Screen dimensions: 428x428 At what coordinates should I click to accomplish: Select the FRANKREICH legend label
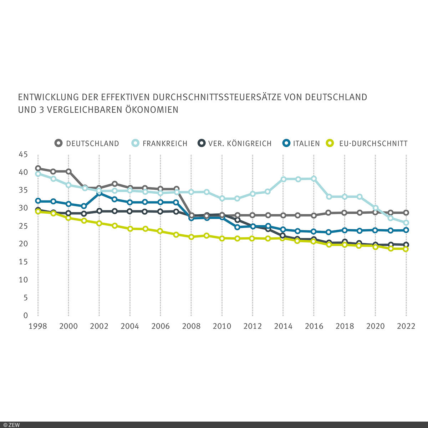pos(165,143)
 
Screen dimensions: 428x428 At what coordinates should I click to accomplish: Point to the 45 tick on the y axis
pos(23,154)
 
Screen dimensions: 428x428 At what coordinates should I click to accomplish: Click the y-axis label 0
pos(25,315)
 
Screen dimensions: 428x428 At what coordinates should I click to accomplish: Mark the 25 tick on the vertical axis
pos(23,226)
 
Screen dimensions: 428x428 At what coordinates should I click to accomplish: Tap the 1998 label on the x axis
pos(38,326)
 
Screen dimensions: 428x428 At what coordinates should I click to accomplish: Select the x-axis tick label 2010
pos(222,326)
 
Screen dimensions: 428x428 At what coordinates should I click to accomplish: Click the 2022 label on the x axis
pos(406,326)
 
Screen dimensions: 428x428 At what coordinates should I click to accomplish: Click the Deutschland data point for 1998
pos(38,168)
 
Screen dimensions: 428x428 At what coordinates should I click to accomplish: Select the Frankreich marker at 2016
pos(314,179)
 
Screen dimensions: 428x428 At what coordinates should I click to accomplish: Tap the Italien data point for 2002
pos(99,193)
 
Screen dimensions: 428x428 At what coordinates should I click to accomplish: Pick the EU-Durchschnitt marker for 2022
pos(406,249)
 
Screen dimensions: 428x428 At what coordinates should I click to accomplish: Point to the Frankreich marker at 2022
pos(406,223)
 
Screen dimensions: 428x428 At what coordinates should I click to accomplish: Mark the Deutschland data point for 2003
pos(114,184)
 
